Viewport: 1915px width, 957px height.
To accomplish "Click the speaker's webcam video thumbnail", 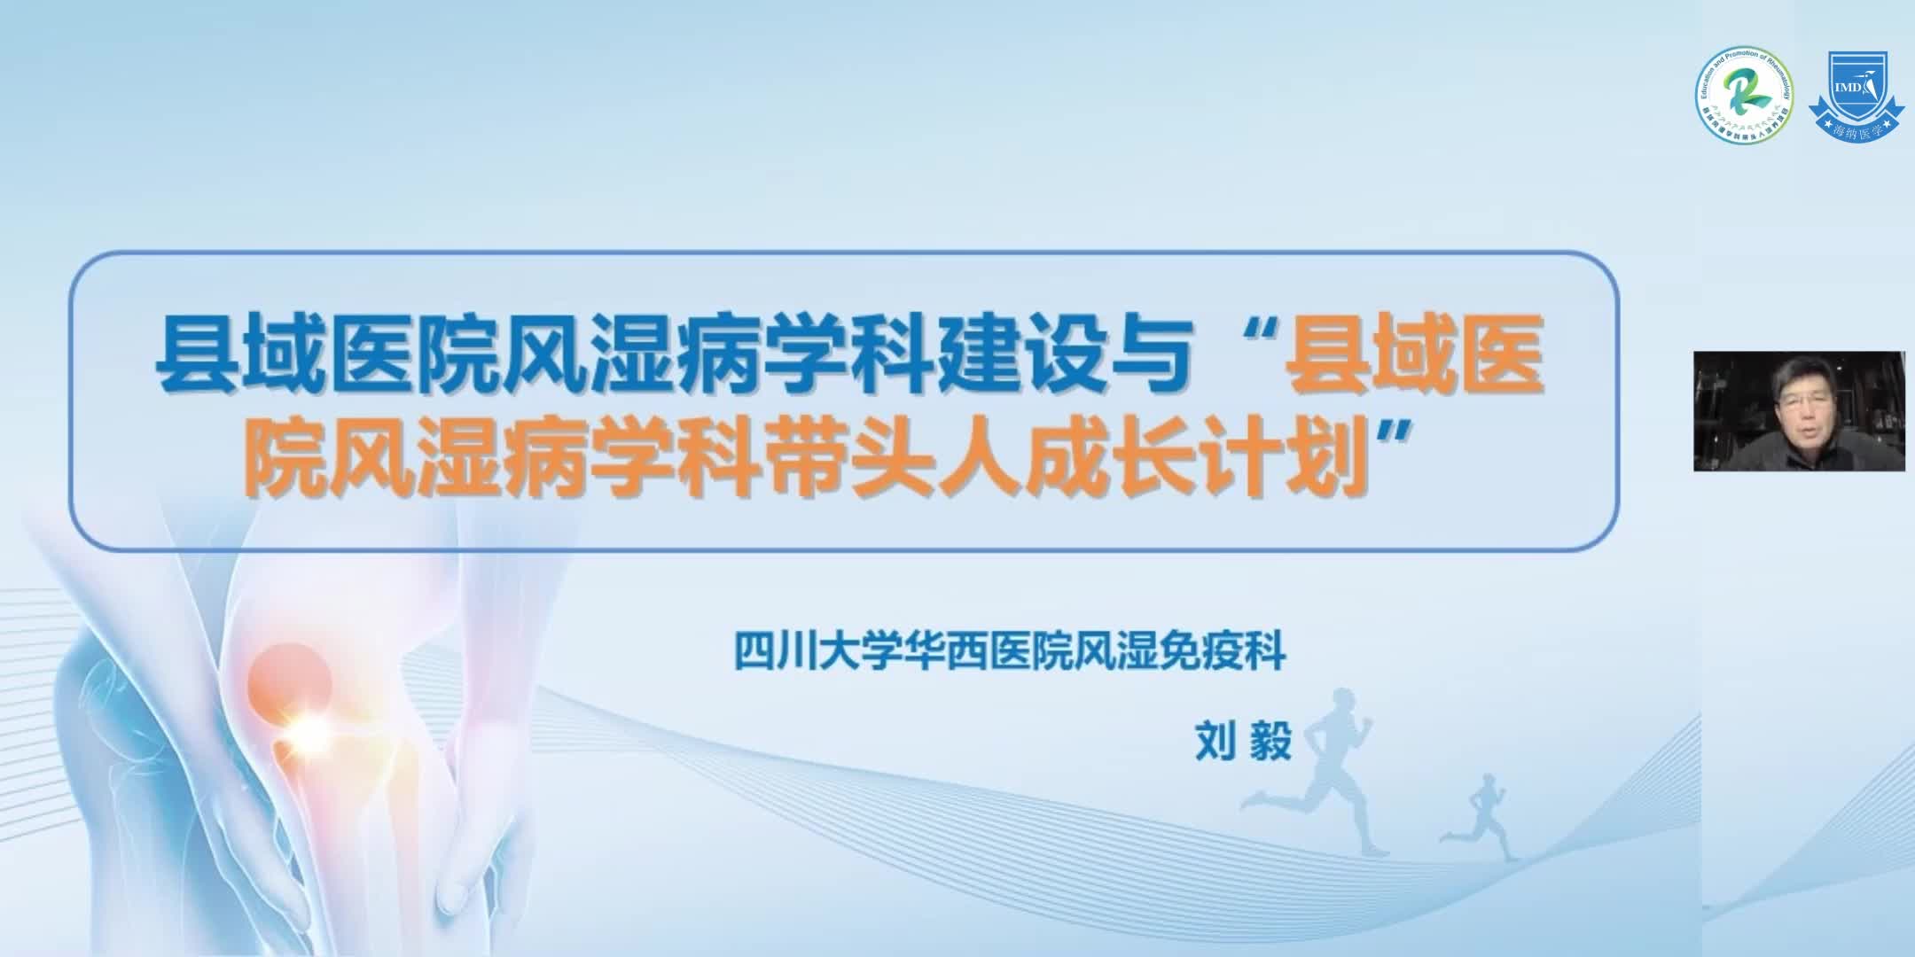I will point(1799,410).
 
